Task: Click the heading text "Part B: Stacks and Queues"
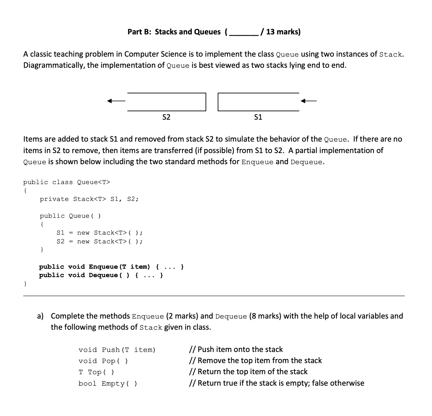pos(174,32)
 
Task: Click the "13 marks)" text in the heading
pos(283,32)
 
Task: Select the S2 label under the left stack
pos(166,117)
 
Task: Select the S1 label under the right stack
pos(258,117)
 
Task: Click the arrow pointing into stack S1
pos(309,100)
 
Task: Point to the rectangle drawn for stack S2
pos(166,102)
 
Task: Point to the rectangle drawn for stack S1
pos(258,102)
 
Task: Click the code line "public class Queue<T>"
pos(66,182)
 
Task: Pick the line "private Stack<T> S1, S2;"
pos(89,199)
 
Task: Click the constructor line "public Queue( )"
pos(70,216)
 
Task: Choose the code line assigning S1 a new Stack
pos(99,233)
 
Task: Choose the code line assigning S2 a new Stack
pos(99,242)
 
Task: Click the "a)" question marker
pos(41,316)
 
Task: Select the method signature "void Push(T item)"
pos(117,350)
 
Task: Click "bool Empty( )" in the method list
pos(107,384)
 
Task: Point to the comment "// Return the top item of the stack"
pos(248,372)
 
